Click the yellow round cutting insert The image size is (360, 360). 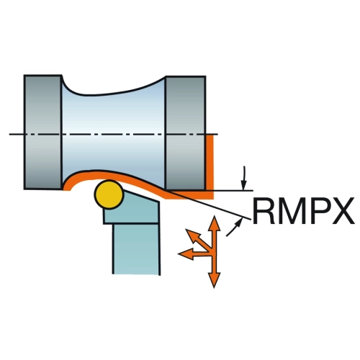(x=109, y=194)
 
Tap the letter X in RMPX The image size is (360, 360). (x=343, y=211)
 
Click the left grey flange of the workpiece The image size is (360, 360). (x=42, y=132)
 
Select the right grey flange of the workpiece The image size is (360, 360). (x=185, y=133)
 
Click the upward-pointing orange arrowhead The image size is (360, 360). (x=214, y=223)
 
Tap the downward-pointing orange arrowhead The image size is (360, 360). (x=214, y=279)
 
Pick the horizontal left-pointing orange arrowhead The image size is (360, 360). (x=185, y=253)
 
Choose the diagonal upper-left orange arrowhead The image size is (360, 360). (x=193, y=236)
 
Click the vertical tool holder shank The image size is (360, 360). (x=136, y=249)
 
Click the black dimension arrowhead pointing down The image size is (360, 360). (x=244, y=184)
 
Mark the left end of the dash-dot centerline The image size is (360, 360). (x=9, y=134)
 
